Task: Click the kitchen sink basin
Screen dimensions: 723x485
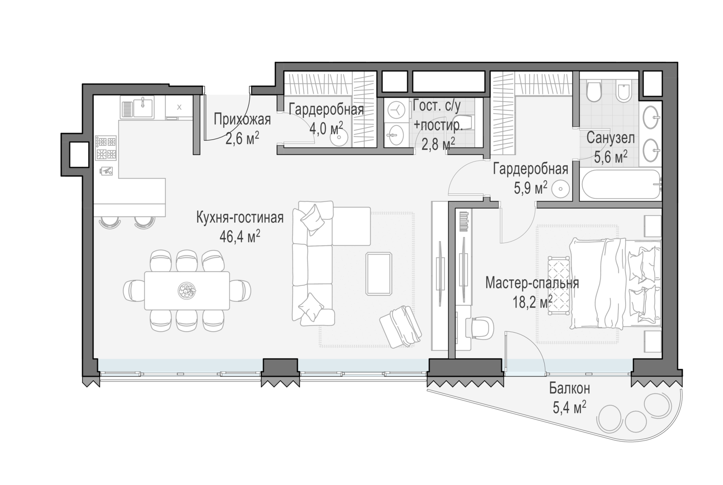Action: click(x=143, y=107)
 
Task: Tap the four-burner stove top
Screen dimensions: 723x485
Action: click(x=106, y=148)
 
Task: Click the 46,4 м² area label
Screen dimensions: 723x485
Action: click(x=240, y=237)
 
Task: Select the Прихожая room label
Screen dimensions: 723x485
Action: click(x=242, y=120)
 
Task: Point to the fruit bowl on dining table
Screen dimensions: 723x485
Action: click(x=187, y=291)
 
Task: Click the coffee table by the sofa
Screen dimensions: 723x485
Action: click(x=378, y=274)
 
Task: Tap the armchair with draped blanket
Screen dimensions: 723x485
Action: click(x=401, y=326)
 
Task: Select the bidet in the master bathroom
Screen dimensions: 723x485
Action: click(x=626, y=92)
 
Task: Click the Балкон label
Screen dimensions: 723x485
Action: click(x=569, y=389)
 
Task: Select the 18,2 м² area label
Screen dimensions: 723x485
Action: click(x=533, y=302)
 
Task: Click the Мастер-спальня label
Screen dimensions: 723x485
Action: click(x=532, y=283)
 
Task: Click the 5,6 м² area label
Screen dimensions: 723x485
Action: click(x=611, y=157)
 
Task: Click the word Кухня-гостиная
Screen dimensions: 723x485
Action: click(x=240, y=217)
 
